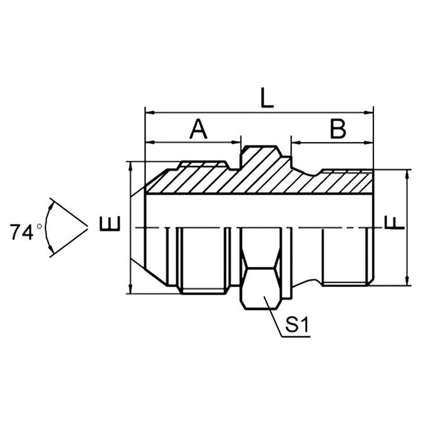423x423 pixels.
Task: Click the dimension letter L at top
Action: pyautogui.click(x=267, y=99)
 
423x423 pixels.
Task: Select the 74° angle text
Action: pyautogui.click(x=26, y=232)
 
